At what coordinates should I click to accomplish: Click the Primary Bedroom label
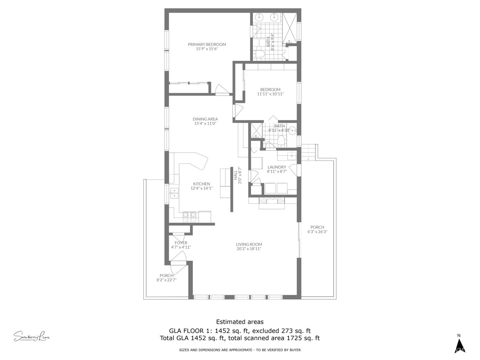[207, 44]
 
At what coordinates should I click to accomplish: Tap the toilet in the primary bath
[259, 54]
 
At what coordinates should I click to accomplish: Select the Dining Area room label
[205, 119]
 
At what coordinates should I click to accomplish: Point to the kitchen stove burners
[189, 217]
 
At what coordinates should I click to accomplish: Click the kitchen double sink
[174, 193]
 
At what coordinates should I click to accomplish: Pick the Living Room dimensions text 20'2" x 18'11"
[249, 249]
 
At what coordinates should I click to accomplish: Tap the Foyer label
[181, 243]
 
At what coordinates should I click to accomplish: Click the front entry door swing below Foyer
[178, 263]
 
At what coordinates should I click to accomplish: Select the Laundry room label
[277, 167]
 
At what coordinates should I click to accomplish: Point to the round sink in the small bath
[292, 131]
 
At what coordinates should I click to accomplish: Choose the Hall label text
[235, 175]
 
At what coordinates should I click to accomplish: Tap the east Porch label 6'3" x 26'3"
[317, 229]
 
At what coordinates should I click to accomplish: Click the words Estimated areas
[240, 322]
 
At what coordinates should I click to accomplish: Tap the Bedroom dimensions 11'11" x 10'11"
[270, 94]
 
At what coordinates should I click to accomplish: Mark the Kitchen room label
[201, 184]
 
